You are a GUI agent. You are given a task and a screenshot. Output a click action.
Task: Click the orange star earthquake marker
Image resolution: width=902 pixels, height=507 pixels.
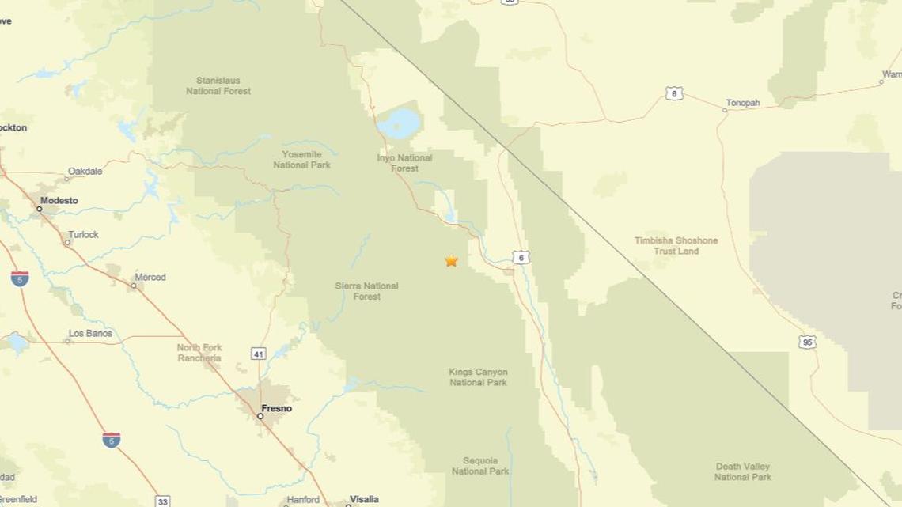(x=451, y=260)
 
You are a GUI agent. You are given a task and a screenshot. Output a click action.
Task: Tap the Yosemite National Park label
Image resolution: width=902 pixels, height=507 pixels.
(x=301, y=160)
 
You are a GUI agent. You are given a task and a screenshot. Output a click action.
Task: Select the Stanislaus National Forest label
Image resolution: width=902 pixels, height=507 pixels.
(x=218, y=85)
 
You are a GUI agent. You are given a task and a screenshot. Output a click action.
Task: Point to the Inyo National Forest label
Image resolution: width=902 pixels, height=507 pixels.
(x=404, y=163)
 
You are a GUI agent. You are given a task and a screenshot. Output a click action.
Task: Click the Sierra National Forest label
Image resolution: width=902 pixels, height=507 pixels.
(x=366, y=291)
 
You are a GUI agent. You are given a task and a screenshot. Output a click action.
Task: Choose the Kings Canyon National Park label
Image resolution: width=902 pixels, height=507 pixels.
(x=478, y=377)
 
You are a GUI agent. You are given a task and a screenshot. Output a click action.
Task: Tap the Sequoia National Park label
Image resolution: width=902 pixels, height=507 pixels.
(x=479, y=466)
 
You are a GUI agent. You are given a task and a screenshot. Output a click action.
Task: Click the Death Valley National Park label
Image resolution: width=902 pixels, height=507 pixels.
(x=742, y=471)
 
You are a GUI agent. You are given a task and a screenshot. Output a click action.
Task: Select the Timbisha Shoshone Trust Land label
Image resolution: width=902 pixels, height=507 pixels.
(x=676, y=245)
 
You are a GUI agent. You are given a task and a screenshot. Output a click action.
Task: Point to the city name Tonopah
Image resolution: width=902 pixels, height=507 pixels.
(x=742, y=103)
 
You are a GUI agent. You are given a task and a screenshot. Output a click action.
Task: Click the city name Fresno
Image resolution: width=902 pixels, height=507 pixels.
(x=276, y=408)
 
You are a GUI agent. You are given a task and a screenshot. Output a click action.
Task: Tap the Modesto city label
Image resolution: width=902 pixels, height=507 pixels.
(x=59, y=200)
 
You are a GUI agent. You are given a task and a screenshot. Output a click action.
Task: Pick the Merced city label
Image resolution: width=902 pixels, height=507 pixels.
(x=150, y=277)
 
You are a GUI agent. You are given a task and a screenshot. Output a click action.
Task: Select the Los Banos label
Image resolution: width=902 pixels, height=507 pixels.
(x=90, y=333)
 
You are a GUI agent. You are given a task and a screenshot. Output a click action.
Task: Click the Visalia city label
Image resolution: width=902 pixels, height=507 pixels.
(x=364, y=499)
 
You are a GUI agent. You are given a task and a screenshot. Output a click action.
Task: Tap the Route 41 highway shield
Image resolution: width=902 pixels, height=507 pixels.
(x=259, y=354)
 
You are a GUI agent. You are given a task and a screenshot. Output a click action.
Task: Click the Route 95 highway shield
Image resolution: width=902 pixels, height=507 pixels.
(x=807, y=342)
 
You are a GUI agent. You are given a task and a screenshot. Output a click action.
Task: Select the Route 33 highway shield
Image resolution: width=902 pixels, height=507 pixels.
(x=162, y=501)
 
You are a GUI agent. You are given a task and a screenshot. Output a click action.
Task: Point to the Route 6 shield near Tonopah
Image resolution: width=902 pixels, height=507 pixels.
(x=673, y=93)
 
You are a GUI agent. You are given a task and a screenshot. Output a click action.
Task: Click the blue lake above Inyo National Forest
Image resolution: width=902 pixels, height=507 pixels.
(x=400, y=123)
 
